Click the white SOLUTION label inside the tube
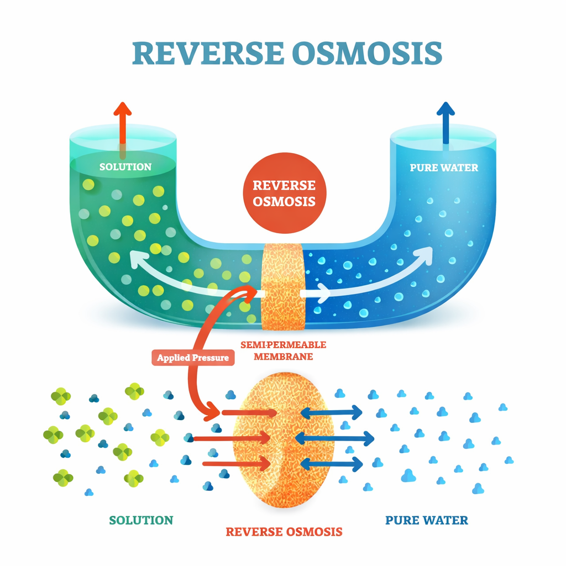click(x=125, y=167)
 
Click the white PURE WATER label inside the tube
click(x=444, y=167)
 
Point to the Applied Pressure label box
click(x=193, y=358)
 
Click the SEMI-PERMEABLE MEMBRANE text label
click(x=283, y=350)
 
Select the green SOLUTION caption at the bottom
click(x=141, y=520)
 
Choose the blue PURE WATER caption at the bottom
click(x=426, y=520)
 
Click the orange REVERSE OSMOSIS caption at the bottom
click(x=284, y=532)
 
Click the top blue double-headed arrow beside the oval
click(x=331, y=412)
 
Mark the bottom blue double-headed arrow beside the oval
click(x=331, y=464)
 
